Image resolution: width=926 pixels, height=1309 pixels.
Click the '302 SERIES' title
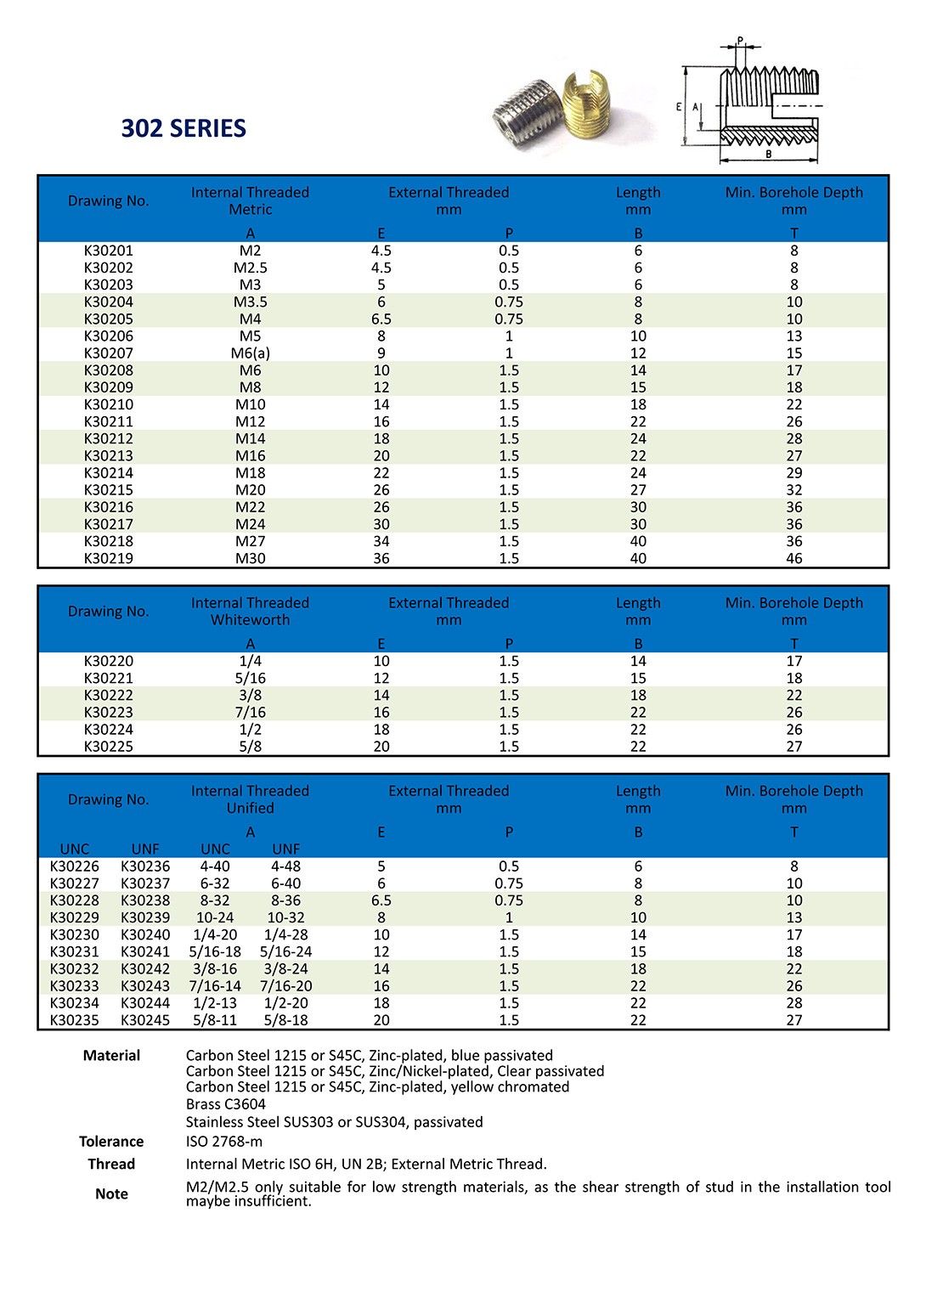pos(184,128)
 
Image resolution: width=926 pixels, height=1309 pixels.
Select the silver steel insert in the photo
pos(528,115)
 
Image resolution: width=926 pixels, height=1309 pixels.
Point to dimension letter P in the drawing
pos(740,41)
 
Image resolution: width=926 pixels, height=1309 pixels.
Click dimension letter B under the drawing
pos(769,155)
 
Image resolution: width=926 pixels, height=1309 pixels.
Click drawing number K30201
pos(109,251)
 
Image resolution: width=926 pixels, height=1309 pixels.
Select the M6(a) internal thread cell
pos(250,353)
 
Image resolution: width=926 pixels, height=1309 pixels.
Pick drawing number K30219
pos(109,558)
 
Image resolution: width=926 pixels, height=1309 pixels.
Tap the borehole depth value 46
pos(793,558)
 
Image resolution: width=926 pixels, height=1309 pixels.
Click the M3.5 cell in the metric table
pos(250,302)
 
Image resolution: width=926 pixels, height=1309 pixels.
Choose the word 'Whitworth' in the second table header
pos(250,620)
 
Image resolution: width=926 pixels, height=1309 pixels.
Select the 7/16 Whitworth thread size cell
pos(250,713)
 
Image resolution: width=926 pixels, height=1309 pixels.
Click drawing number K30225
pos(109,747)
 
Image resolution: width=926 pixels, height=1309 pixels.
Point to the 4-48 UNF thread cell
pos(286,866)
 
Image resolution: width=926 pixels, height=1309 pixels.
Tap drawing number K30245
pos(145,1020)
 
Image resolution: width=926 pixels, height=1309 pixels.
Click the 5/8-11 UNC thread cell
pos(215,1020)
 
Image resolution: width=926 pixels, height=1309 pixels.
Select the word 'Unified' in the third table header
pos(250,808)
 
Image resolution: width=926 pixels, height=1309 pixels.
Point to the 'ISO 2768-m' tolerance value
pos(224,1142)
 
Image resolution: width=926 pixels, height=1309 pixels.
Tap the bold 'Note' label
pos(111,1193)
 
